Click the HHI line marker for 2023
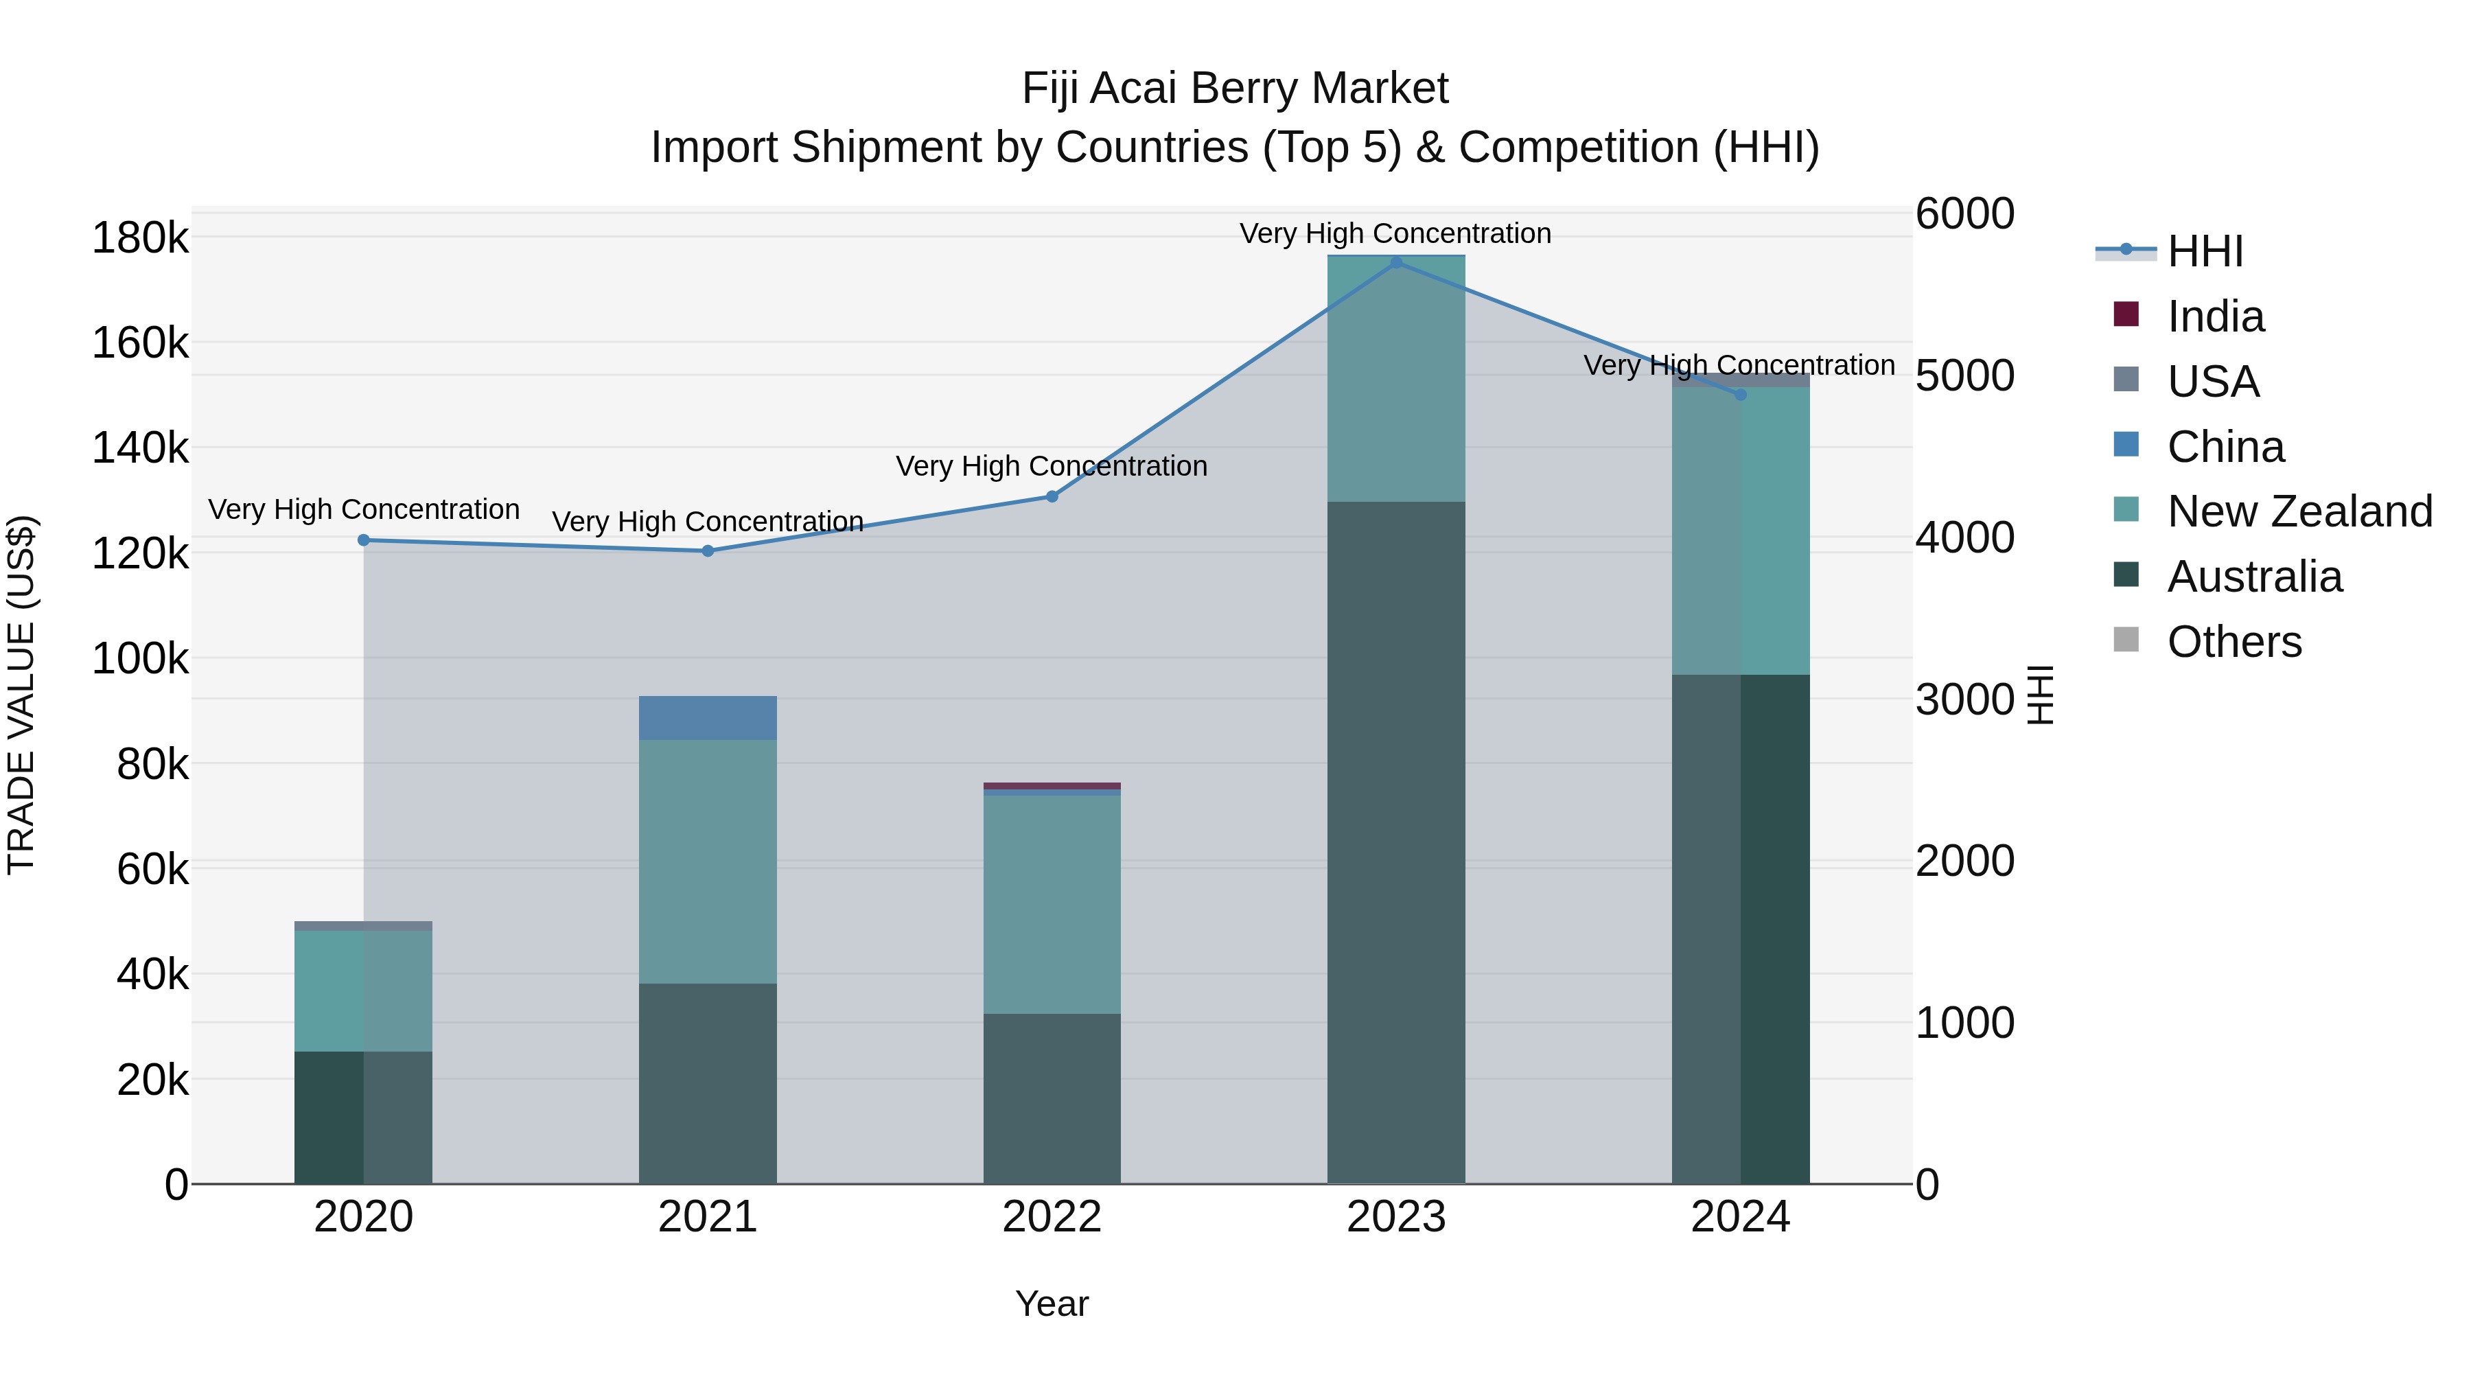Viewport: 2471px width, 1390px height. [x=1395, y=262]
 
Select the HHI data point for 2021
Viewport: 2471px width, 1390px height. [x=708, y=551]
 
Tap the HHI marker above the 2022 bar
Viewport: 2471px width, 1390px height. [x=1052, y=496]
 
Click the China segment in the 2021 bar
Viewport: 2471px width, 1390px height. [x=708, y=717]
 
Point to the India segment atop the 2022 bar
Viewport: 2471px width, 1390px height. [x=1052, y=786]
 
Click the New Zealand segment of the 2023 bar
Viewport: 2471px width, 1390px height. [x=1395, y=379]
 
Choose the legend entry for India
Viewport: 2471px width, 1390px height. [x=2215, y=316]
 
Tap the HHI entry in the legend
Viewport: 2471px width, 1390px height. [x=2204, y=251]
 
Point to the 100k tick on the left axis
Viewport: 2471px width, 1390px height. [x=140, y=659]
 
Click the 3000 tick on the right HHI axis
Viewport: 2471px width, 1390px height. [x=1964, y=699]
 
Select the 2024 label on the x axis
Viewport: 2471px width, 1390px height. [x=1740, y=1217]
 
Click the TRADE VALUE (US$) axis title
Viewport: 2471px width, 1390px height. [x=21, y=695]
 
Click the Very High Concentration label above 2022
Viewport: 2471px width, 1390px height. [x=1052, y=466]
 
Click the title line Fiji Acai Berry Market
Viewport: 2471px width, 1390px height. [x=1235, y=89]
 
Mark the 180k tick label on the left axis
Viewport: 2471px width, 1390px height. [x=140, y=238]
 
